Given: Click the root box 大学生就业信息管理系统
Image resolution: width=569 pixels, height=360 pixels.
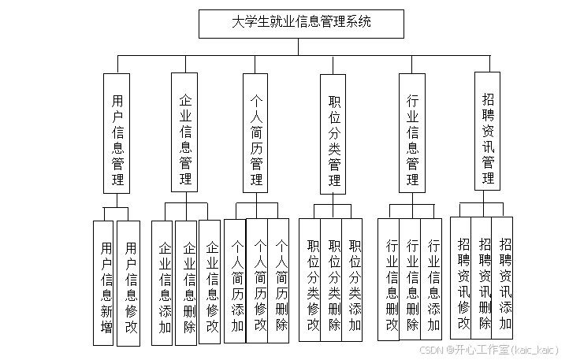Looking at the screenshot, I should pos(301,24).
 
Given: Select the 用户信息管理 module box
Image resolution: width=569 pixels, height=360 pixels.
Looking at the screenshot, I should pos(117,133).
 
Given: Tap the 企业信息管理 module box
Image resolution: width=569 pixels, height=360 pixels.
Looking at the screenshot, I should pos(185,132).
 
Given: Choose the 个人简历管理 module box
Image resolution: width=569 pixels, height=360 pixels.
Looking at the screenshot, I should pos(256,132).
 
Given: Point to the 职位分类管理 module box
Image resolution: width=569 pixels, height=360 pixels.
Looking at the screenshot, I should pos(333,134).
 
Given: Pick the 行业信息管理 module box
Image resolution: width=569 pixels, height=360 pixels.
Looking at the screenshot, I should pos(411,132).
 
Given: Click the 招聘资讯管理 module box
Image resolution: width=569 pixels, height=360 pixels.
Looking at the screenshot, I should pos(487,131).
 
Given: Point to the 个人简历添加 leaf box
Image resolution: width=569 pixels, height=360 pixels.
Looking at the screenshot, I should pos(236,280).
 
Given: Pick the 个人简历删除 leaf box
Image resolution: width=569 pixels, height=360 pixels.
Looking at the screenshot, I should pos(280,280).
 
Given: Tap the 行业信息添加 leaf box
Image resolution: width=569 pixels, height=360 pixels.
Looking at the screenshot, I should pos(432,280).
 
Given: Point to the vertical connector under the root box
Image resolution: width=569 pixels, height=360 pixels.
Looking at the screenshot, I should pos(299,46).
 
